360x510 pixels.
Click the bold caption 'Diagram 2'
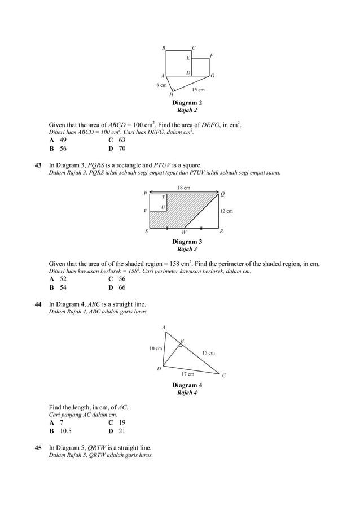point(187,103)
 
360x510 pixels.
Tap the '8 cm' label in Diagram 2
point(161,85)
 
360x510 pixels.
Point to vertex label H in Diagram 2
point(171,94)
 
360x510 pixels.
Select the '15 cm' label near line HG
point(198,90)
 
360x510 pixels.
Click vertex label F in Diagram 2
point(211,55)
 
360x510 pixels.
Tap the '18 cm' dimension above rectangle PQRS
point(184,187)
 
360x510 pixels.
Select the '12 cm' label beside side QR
point(226,211)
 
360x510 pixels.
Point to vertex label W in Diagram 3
point(184,232)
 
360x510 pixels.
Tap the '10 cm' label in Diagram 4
point(155,348)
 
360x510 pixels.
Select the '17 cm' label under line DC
point(187,374)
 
